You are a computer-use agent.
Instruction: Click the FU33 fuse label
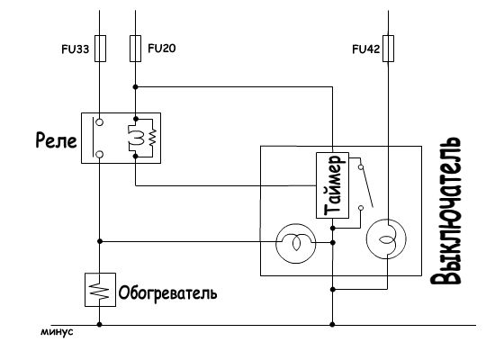click(x=75, y=49)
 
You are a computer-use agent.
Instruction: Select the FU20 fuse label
click(x=162, y=49)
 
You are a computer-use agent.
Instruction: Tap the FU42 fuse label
click(x=366, y=49)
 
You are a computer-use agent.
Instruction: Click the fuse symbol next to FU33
click(x=100, y=49)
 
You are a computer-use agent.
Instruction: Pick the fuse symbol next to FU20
click(x=135, y=49)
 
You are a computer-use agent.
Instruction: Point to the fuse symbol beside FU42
click(x=388, y=49)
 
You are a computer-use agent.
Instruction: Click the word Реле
click(x=56, y=139)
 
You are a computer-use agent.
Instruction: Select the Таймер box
click(x=332, y=185)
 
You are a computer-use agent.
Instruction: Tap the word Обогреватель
click(x=167, y=293)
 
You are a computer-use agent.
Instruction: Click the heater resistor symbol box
click(x=100, y=290)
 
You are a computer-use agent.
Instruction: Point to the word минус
click(x=57, y=332)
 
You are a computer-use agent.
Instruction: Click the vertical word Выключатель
click(x=445, y=211)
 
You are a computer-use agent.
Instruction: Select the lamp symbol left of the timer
click(x=295, y=243)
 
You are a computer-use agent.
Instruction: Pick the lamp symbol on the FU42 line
click(x=386, y=239)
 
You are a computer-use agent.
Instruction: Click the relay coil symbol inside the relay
click(x=139, y=138)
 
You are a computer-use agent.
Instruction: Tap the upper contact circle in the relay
click(x=99, y=122)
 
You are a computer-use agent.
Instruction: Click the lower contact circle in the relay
click(x=99, y=155)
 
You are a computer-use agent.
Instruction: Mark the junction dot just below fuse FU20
click(x=135, y=86)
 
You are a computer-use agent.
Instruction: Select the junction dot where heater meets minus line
click(x=99, y=324)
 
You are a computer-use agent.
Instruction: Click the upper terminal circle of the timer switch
click(x=361, y=167)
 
